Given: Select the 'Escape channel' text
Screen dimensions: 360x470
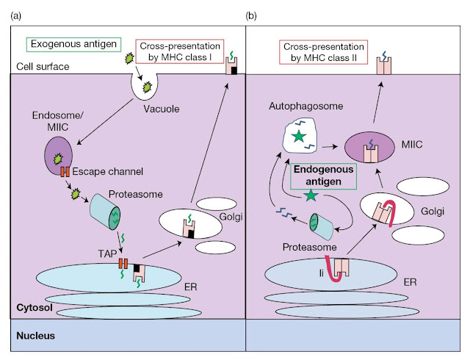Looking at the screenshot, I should (x=103, y=173).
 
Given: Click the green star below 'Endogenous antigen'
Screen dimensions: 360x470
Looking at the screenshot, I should (x=314, y=195).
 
